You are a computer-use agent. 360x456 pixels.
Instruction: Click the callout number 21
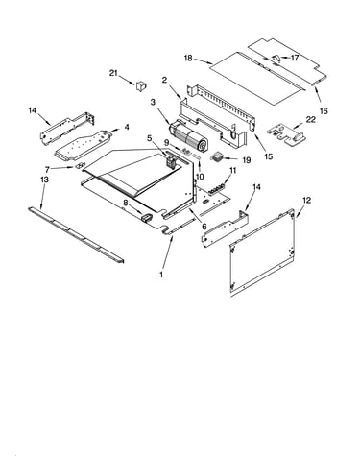[113, 73]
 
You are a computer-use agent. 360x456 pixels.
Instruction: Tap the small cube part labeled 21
[141, 85]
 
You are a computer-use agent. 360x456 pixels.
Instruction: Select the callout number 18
[188, 59]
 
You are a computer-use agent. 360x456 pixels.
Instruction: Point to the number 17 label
[295, 58]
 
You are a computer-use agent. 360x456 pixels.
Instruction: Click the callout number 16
[324, 111]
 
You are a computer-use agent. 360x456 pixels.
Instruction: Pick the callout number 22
[311, 120]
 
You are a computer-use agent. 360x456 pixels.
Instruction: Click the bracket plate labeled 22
[286, 135]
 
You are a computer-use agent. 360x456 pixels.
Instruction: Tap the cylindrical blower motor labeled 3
[188, 137]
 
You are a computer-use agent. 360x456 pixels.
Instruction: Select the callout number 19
[247, 160]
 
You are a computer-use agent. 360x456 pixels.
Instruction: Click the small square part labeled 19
[216, 157]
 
